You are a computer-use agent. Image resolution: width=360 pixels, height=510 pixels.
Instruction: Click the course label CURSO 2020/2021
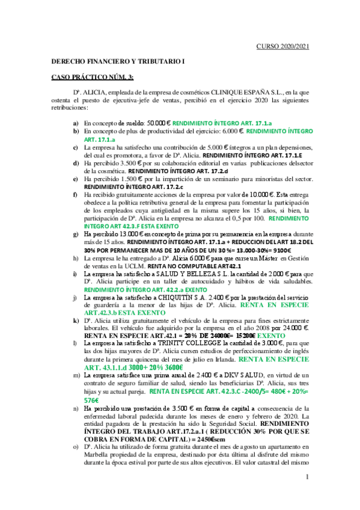[x=282, y=46]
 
